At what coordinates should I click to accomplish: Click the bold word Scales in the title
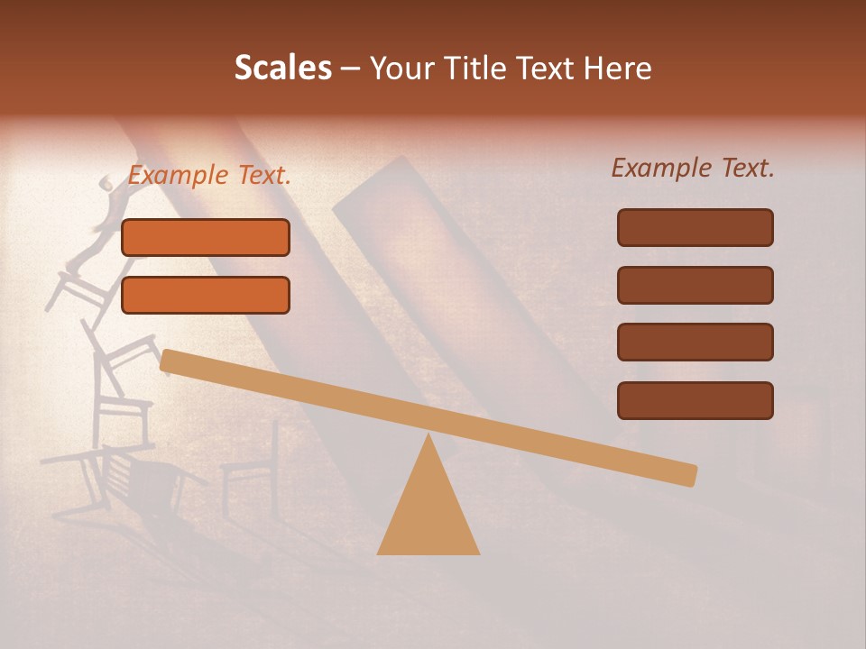click(x=282, y=68)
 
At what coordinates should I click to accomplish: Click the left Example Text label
click(x=209, y=176)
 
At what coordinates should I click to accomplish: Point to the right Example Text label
click(x=693, y=168)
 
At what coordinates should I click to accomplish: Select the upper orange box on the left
click(x=206, y=237)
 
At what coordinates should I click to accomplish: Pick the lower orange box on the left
click(x=206, y=295)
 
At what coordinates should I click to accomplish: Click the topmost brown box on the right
click(x=695, y=227)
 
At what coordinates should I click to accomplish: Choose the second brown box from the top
click(x=695, y=285)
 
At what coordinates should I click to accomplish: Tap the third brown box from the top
click(x=695, y=343)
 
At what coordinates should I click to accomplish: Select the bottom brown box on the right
click(x=695, y=400)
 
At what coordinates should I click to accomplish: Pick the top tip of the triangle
click(x=428, y=437)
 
